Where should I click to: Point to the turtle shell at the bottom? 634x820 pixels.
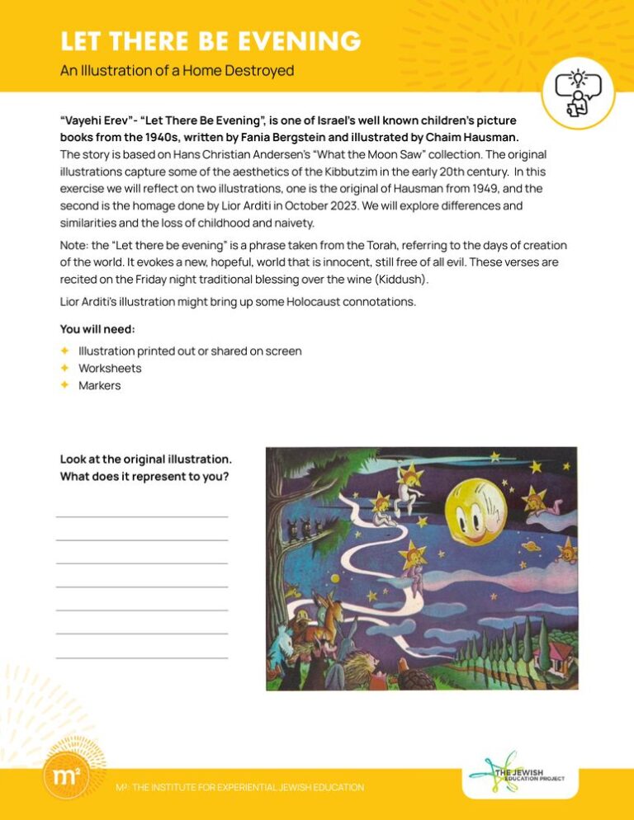point(413,678)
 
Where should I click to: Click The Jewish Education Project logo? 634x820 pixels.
point(518,775)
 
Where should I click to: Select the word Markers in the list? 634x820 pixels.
point(99,385)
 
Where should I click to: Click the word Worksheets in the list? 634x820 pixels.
point(110,368)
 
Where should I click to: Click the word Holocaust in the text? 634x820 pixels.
point(293,302)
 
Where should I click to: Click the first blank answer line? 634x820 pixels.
point(142,516)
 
